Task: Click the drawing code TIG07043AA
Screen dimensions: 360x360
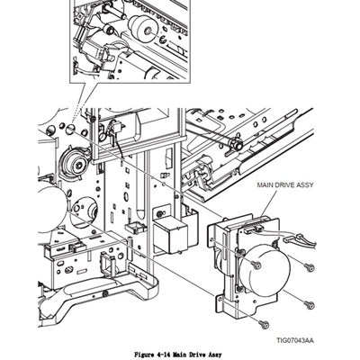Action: (x=294, y=339)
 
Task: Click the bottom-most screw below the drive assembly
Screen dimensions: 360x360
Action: (x=263, y=323)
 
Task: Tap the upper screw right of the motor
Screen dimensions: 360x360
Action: (x=309, y=267)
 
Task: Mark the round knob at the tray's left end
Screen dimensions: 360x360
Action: (x=238, y=143)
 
